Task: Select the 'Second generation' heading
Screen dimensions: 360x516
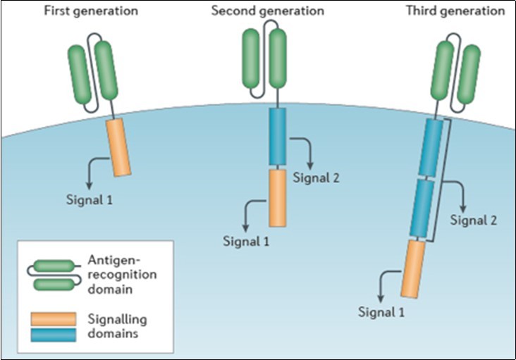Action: [x=268, y=11]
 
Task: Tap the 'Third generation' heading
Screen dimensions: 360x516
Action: [x=455, y=11]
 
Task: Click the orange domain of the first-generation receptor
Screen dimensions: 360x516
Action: [x=119, y=147]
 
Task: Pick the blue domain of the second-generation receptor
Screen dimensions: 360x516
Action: [x=277, y=136]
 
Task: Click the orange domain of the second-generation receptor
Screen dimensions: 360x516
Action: [x=277, y=197]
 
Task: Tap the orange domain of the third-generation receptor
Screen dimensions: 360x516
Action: [x=413, y=268]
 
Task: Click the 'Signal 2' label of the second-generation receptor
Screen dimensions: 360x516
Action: [x=317, y=178]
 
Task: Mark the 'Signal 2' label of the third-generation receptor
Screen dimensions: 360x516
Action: [x=474, y=221]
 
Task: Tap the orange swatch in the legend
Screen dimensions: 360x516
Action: [x=53, y=318]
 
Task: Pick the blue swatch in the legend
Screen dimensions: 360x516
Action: [x=53, y=333]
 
